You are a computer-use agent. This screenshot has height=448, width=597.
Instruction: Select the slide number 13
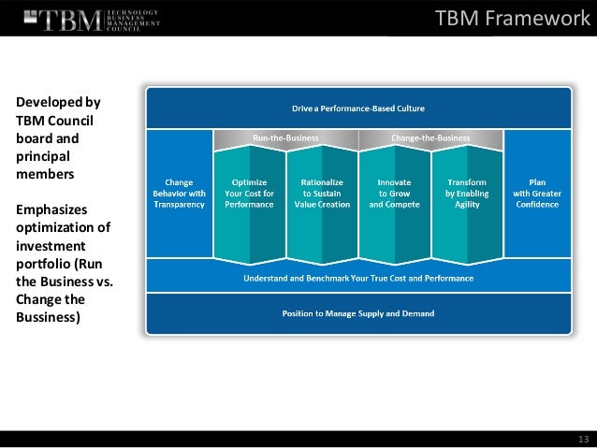(x=583, y=439)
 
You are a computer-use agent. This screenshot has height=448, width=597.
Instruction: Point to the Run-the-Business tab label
(x=285, y=137)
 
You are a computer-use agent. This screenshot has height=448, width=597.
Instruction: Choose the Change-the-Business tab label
(x=430, y=137)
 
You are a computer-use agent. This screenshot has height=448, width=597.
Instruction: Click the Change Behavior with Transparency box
(x=179, y=192)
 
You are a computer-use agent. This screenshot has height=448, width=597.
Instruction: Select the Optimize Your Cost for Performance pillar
(x=249, y=192)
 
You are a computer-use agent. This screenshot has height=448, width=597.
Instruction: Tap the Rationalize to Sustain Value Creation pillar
(x=322, y=192)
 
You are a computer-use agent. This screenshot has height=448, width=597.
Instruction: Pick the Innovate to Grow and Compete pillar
(x=394, y=192)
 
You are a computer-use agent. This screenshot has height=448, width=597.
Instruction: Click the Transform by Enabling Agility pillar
(x=466, y=192)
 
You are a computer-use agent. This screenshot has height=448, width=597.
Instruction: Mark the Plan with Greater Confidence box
(x=536, y=192)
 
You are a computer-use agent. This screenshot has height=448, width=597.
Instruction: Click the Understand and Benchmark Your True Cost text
(x=358, y=278)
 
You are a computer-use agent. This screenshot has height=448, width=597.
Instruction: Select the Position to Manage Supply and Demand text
(x=358, y=313)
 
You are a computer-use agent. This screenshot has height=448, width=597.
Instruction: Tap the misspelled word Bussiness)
(x=47, y=317)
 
